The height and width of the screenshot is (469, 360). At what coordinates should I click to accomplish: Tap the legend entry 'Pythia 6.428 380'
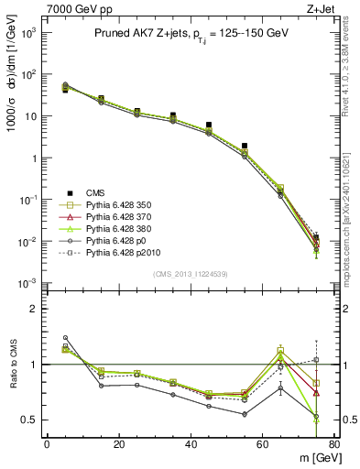point(118,229)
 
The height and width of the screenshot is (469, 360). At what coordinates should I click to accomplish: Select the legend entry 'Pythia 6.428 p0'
point(116,241)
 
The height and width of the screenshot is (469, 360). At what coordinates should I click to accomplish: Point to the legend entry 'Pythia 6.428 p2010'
point(123,253)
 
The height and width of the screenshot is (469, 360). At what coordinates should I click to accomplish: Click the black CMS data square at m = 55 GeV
point(245,146)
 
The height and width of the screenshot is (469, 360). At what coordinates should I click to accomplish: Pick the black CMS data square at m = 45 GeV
point(209,125)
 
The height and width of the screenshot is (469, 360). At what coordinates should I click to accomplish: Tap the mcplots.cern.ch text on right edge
point(352,220)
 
